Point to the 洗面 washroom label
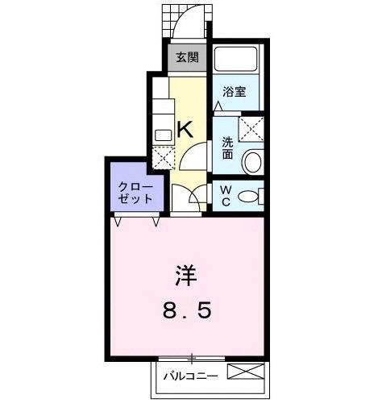[x=228, y=148]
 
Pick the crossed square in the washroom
[x=251, y=127]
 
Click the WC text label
[x=226, y=197]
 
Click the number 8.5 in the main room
[x=185, y=310]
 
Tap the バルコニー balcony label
[x=189, y=375]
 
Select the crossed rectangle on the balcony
[x=246, y=373]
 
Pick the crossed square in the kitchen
[x=163, y=156]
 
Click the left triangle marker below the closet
[x=118, y=219]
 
